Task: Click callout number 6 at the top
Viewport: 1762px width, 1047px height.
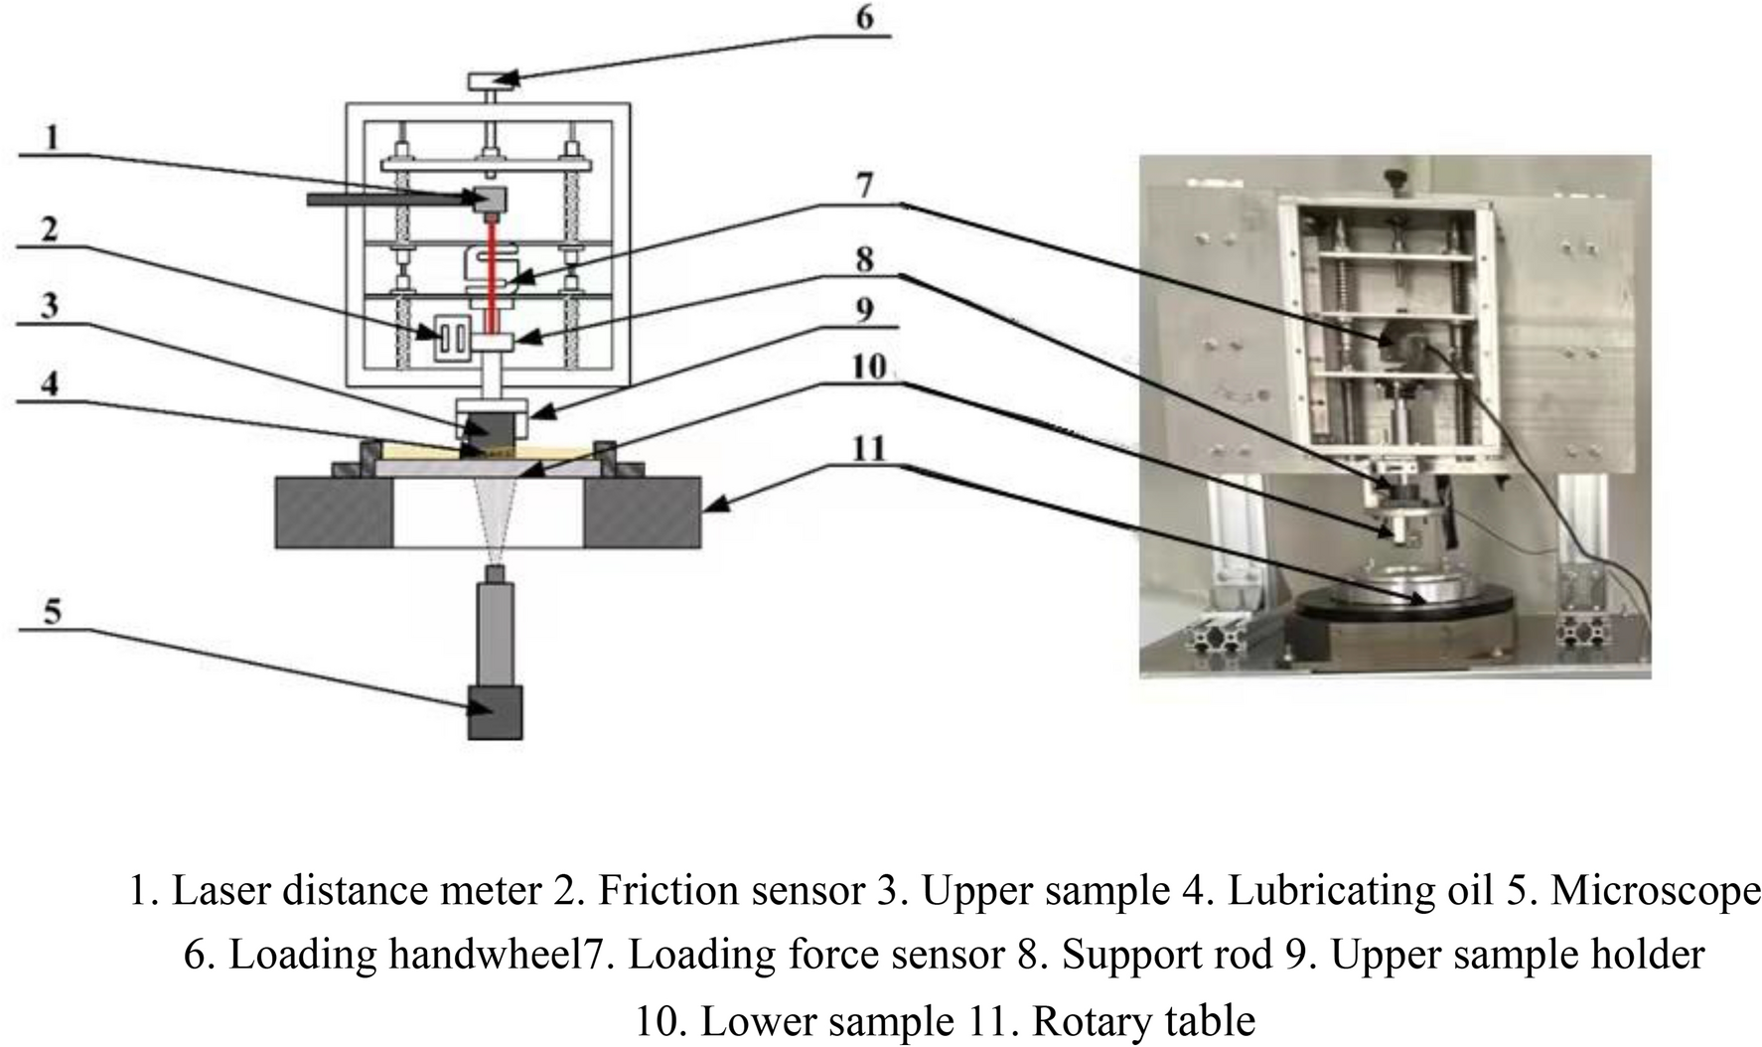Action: pos(864,18)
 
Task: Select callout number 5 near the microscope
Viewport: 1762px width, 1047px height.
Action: pos(53,610)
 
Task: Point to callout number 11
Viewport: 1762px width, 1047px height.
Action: pos(868,448)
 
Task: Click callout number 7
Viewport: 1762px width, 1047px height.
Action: pos(864,185)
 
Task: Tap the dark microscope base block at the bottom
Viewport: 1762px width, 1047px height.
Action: pos(495,712)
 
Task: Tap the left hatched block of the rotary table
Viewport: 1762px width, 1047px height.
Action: pos(335,512)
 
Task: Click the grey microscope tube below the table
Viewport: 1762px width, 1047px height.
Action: pos(495,631)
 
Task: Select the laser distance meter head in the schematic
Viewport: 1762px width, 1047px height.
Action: pos(492,198)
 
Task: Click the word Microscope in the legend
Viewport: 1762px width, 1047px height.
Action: pos(1655,890)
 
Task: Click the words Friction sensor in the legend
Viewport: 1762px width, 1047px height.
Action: pos(730,890)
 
